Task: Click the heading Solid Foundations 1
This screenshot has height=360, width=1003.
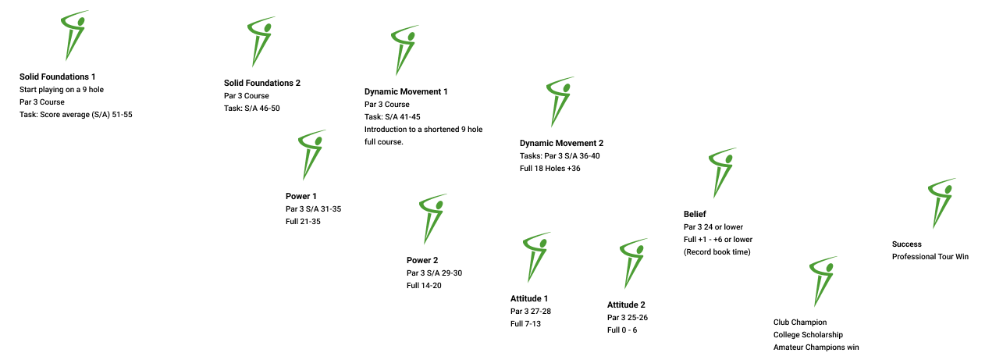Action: (x=58, y=77)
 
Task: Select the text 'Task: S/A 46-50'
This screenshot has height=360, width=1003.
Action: (x=251, y=109)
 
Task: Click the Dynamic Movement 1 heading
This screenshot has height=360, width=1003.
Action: (x=406, y=91)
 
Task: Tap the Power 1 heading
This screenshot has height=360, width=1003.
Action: (x=301, y=196)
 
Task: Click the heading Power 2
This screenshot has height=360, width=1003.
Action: (x=423, y=260)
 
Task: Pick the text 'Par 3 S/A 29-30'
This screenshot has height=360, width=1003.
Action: (x=435, y=273)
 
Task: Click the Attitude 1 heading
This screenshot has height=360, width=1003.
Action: (x=529, y=298)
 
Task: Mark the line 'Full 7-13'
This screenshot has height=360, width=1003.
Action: (x=525, y=323)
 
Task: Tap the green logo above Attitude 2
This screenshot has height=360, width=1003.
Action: (x=632, y=262)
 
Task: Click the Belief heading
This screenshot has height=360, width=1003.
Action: (x=695, y=213)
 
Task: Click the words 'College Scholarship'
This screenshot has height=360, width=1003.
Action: (x=808, y=335)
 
